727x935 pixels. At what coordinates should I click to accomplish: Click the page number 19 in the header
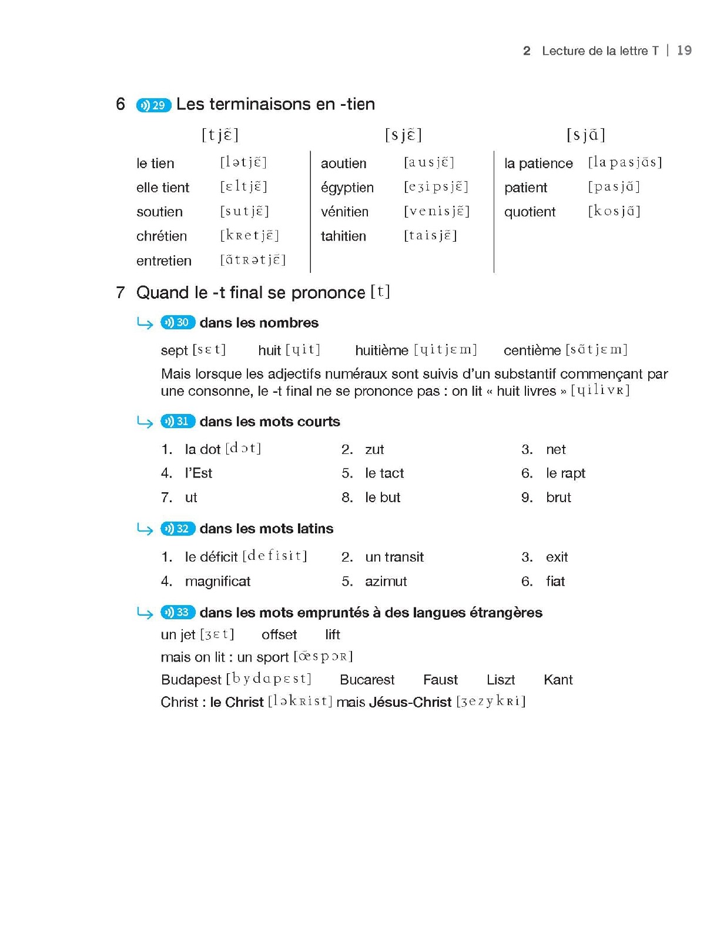[684, 51]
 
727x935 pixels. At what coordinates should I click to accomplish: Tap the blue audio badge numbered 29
[153, 105]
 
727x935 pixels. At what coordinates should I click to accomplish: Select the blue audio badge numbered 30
[177, 322]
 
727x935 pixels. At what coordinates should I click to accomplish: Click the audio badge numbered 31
[177, 422]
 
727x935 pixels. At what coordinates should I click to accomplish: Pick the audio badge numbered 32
[177, 529]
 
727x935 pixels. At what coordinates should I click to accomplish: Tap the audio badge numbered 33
[177, 612]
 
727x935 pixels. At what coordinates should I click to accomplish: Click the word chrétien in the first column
[162, 236]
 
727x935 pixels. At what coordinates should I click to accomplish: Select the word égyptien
[347, 188]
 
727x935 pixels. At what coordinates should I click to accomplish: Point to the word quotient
[530, 212]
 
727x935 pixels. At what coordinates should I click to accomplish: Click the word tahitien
[343, 236]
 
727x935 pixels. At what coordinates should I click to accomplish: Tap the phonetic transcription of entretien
[253, 260]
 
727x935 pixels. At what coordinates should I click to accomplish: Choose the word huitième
[381, 350]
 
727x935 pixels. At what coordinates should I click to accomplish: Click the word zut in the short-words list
[374, 450]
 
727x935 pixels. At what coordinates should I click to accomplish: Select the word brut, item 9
[558, 497]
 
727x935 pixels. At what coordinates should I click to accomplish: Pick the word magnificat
[217, 582]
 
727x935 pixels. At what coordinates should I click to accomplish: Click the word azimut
[386, 582]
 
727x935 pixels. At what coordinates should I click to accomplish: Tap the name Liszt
[501, 680]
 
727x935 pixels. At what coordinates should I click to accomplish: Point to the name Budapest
[191, 680]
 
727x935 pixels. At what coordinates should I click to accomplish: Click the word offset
[279, 635]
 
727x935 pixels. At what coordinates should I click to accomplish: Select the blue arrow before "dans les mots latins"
[145, 529]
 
